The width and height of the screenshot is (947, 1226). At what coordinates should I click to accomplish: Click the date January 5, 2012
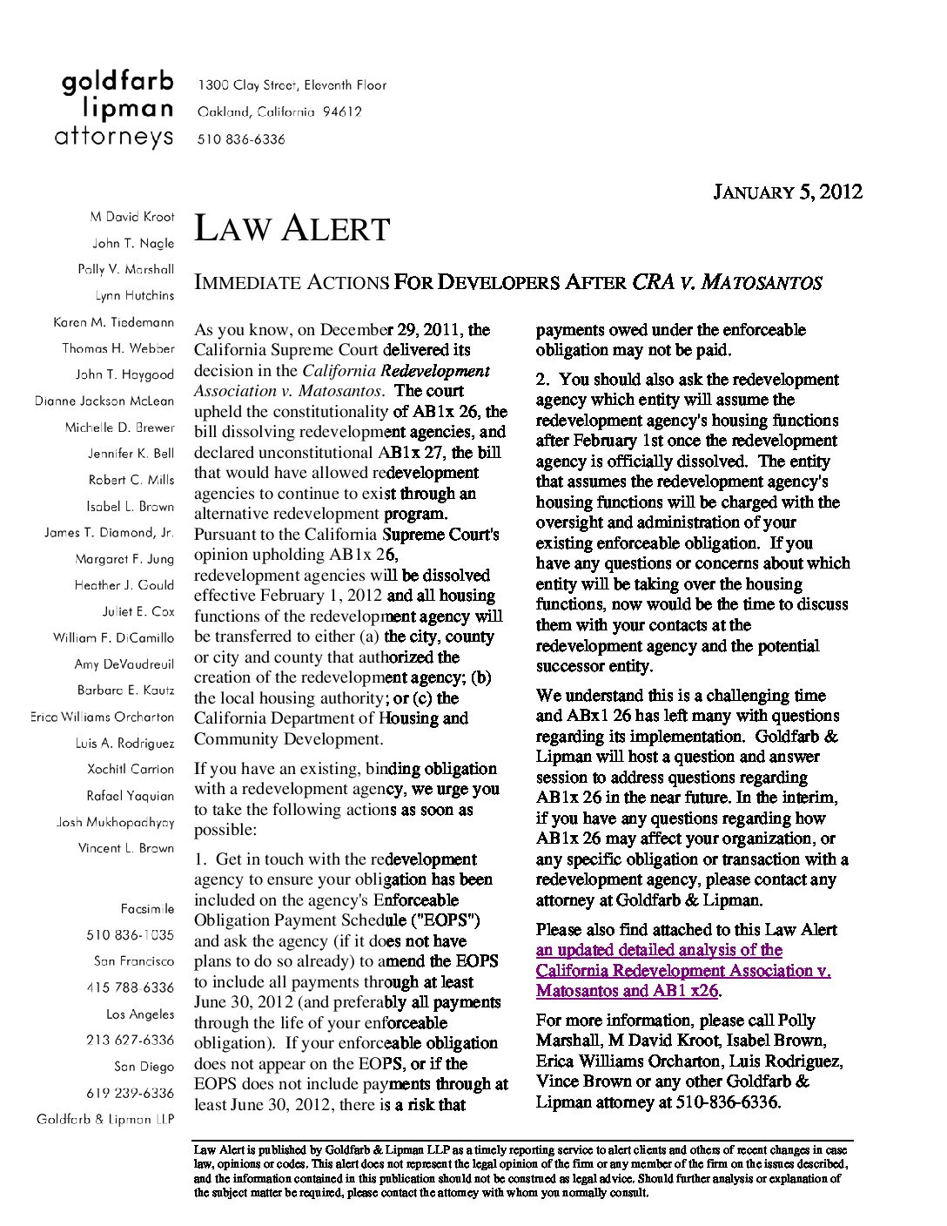click(787, 192)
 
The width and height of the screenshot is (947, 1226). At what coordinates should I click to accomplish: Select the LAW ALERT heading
click(292, 229)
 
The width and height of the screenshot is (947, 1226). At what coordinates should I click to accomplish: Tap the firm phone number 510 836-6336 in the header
click(241, 139)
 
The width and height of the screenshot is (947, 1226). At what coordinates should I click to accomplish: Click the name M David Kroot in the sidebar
click(131, 217)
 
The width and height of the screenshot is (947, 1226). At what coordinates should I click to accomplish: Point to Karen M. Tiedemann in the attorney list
click(113, 322)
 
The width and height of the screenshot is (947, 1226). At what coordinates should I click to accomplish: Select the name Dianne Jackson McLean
click(104, 401)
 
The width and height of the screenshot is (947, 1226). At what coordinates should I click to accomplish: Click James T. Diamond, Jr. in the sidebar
click(109, 533)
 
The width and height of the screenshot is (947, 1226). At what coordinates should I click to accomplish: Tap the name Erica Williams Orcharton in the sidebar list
click(102, 717)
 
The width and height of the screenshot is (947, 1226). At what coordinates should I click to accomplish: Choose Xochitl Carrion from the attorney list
click(131, 770)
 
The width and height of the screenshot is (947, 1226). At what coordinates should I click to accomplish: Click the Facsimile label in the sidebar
click(147, 909)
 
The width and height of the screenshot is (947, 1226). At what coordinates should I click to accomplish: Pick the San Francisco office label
click(134, 961)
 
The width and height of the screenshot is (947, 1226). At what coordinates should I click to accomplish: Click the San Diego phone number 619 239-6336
click(130, 1093)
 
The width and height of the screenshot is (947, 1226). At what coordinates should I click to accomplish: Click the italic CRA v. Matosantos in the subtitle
click(727, 282)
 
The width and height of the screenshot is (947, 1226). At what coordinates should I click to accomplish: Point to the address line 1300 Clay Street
click(292, 85)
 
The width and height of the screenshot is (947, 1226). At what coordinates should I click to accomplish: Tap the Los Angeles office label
click(140, 1014)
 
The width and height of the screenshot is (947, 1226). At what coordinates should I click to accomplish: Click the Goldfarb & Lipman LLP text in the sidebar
click(105, 1119)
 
